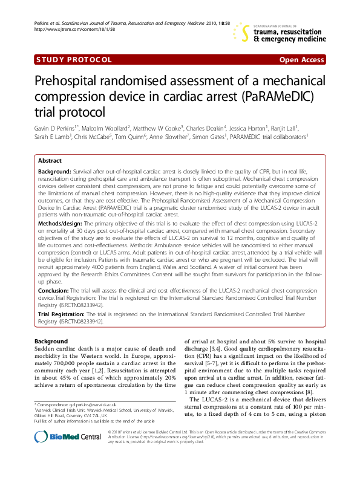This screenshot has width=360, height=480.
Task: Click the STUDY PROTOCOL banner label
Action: [74, 60]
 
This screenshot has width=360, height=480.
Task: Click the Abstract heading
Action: [50, 161]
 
